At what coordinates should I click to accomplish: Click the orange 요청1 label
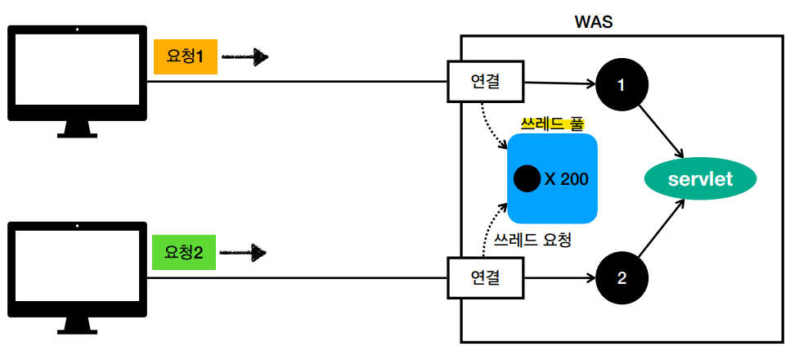click(x=185, y=57)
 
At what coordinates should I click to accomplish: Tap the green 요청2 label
click(x=184, y=253)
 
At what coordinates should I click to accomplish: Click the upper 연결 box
click(x=485, y=82)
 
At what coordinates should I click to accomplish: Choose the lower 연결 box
click(x=485, y=278)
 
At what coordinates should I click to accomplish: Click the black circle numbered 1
click(x=622, y=83)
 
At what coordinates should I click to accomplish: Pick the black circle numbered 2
click(x=622, y=278)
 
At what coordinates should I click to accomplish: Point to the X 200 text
click(x=566, y=178)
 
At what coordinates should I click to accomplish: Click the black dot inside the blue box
click(x=526, y=178)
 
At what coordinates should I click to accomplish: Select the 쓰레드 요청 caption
click(x=532, y=241)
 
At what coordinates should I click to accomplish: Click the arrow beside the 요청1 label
click(x=245, y=57)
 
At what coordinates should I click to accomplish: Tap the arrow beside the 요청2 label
click(x=245, y=253)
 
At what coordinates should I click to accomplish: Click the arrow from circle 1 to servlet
click(x=663, y=129)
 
